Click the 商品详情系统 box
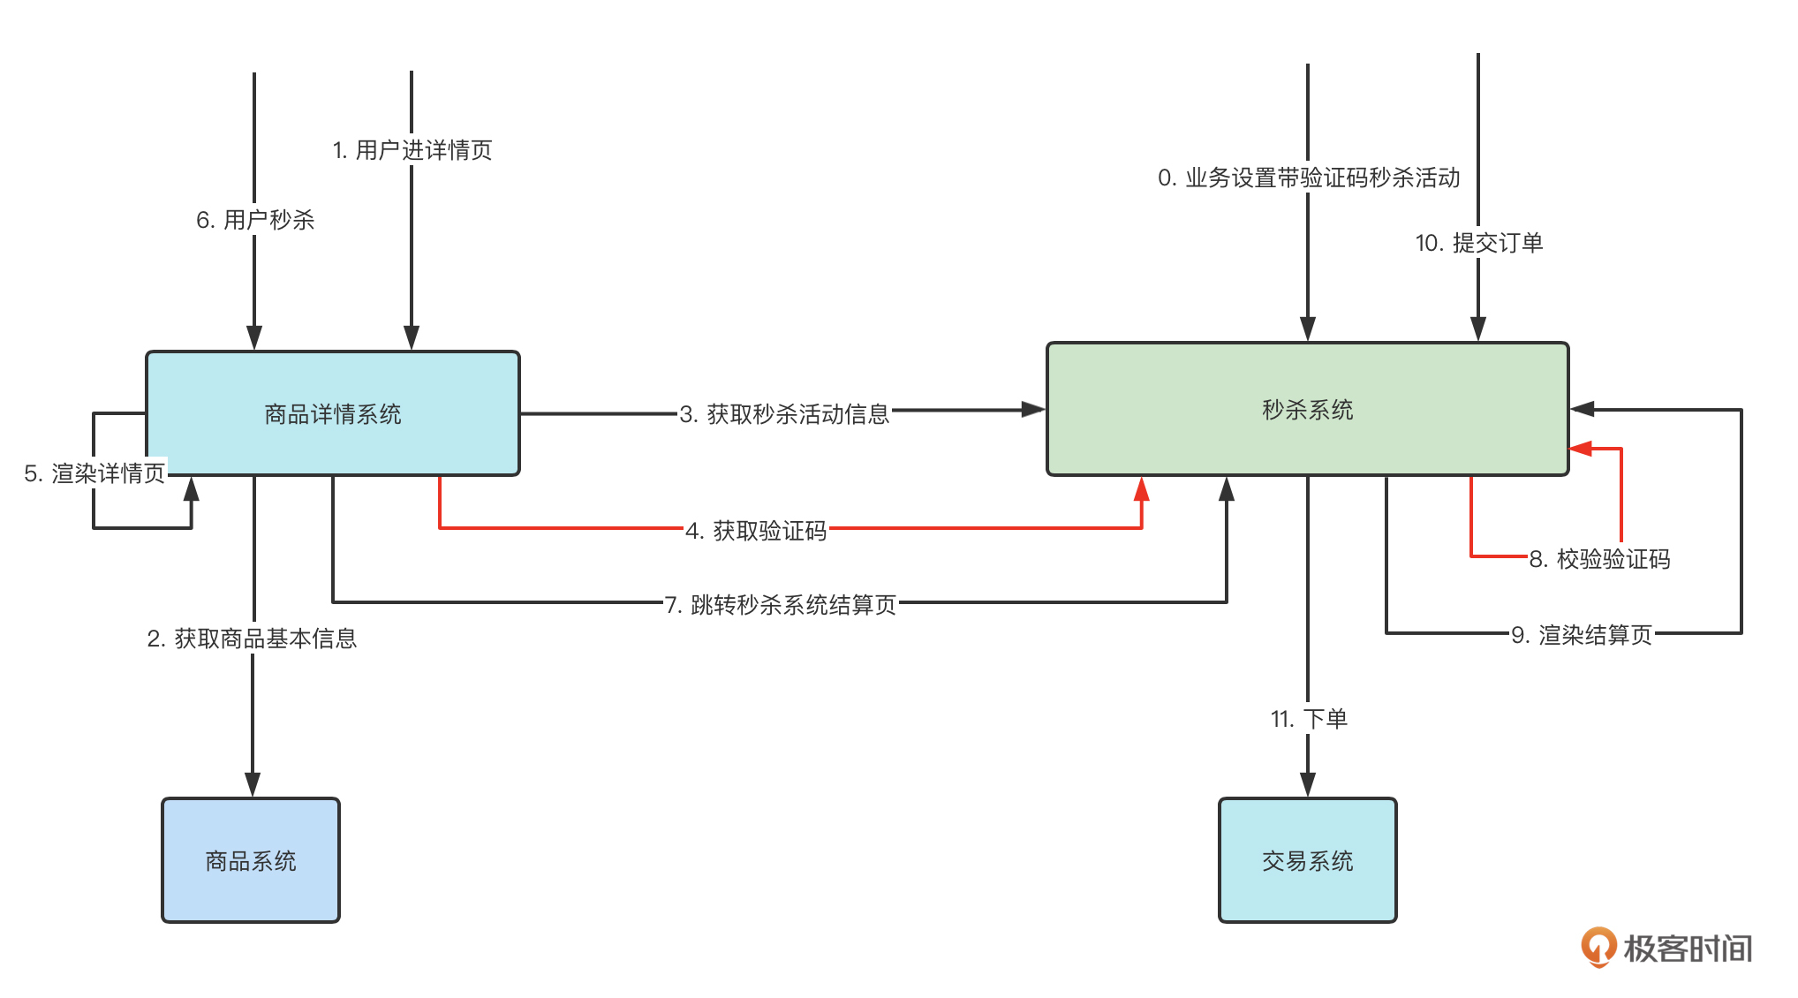coord(332,413)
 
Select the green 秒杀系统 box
coord(1307,410)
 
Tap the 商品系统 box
coord(251,860)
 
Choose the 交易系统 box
coord(1307,860)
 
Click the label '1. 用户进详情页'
coord(412,150)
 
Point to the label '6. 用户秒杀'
coord(255,220)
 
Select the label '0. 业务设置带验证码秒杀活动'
coord(1309,178)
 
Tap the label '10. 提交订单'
coord(1479,243)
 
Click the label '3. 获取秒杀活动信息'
coord(784,413)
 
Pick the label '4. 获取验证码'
coord(756,530)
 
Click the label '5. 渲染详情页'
coord(94,473)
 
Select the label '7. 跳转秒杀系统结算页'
coord(781,604)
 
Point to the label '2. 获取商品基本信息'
coord(252,638)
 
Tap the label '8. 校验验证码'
coord(1599,558)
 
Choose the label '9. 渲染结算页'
coord(1581,634)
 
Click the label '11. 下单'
coord(1309,718)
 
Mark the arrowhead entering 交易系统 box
coord(1308,785)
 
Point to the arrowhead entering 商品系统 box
coord(253,785)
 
